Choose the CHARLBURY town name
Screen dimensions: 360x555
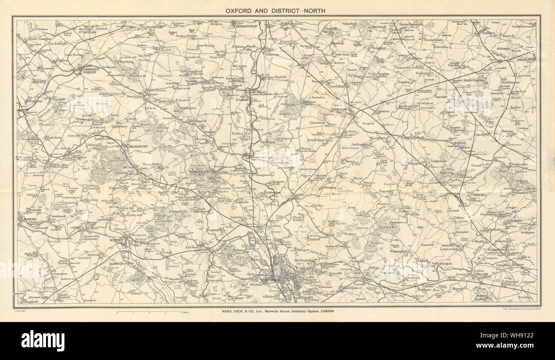134,148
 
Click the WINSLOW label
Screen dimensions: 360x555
526,60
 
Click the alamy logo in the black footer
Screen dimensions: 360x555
43,341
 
